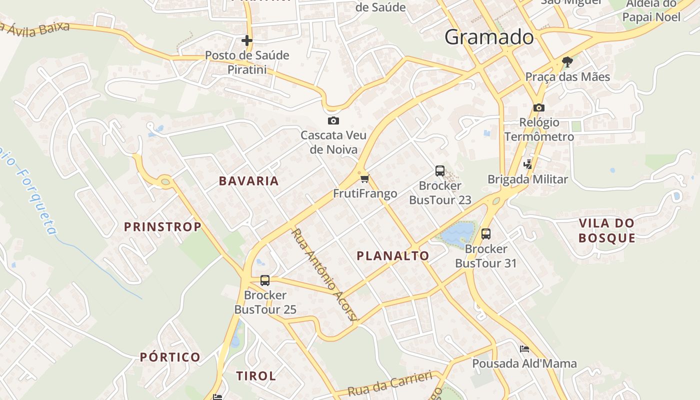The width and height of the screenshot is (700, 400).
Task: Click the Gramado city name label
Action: [488, 37]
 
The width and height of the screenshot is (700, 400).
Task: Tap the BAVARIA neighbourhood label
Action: [248, 181]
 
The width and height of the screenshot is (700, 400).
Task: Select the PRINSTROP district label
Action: [162, 227]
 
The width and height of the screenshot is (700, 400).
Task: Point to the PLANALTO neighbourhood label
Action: [392, 256]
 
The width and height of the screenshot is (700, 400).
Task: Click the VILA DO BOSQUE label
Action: [606, 230]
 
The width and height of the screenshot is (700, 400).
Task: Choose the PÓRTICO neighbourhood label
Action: [170, 357]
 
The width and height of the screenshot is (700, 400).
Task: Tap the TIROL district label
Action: [255, 376]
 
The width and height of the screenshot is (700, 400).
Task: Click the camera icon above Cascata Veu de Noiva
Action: [333, 121]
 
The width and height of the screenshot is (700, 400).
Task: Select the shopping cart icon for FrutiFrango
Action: [364, 178]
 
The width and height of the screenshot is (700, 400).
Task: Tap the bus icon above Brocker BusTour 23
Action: [440, 171]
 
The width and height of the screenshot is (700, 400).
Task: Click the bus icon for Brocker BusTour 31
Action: [485, 233]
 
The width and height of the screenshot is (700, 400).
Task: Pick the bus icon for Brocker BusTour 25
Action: [265, 280]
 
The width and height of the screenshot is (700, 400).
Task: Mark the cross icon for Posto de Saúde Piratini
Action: [247, 40]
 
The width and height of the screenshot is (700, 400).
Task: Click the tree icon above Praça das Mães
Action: [567, 62]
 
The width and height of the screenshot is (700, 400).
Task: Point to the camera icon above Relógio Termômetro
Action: [538, 107]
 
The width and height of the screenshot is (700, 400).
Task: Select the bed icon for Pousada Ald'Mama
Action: [524, 348]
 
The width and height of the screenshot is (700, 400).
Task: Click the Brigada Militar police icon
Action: [527, 164]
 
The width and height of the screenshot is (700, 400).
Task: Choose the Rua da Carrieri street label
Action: [389, 383]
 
